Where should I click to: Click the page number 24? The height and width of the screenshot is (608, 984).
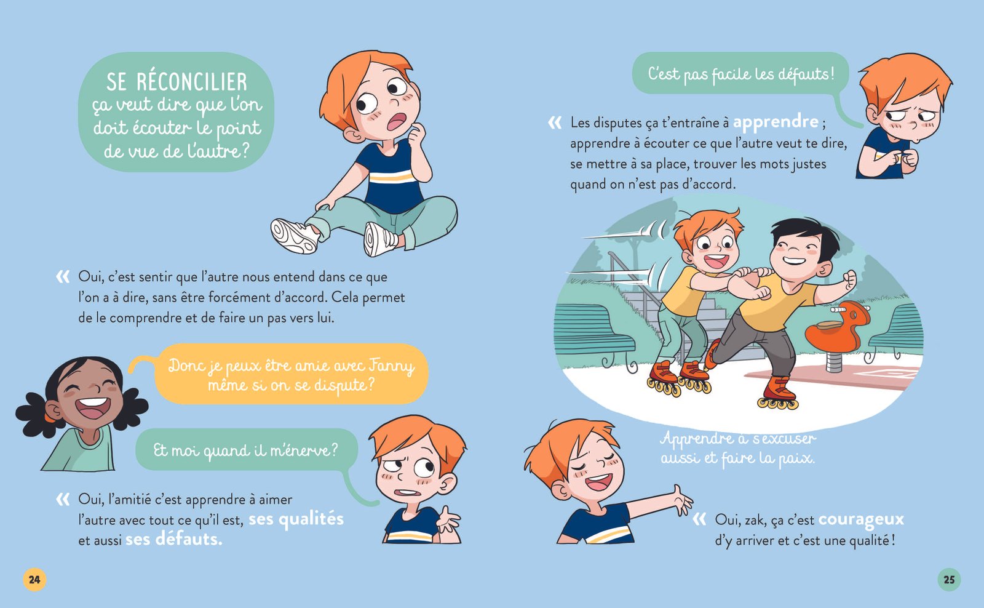34,579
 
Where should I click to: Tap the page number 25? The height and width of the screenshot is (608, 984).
949,579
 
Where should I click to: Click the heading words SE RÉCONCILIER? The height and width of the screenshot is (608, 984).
177,82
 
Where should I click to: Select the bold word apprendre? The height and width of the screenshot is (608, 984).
776,122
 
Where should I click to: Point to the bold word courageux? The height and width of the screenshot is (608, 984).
861,519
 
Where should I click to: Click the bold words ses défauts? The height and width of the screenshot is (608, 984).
174,539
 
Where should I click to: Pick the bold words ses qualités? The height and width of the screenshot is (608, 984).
296,519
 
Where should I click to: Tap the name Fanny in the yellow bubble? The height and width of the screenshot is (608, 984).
391,366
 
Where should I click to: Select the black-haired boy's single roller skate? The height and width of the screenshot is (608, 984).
779,394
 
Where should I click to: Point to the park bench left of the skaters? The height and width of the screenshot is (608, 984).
590,332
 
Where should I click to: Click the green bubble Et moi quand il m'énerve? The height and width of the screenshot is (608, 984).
245,450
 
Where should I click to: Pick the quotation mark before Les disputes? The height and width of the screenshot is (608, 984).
555,123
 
